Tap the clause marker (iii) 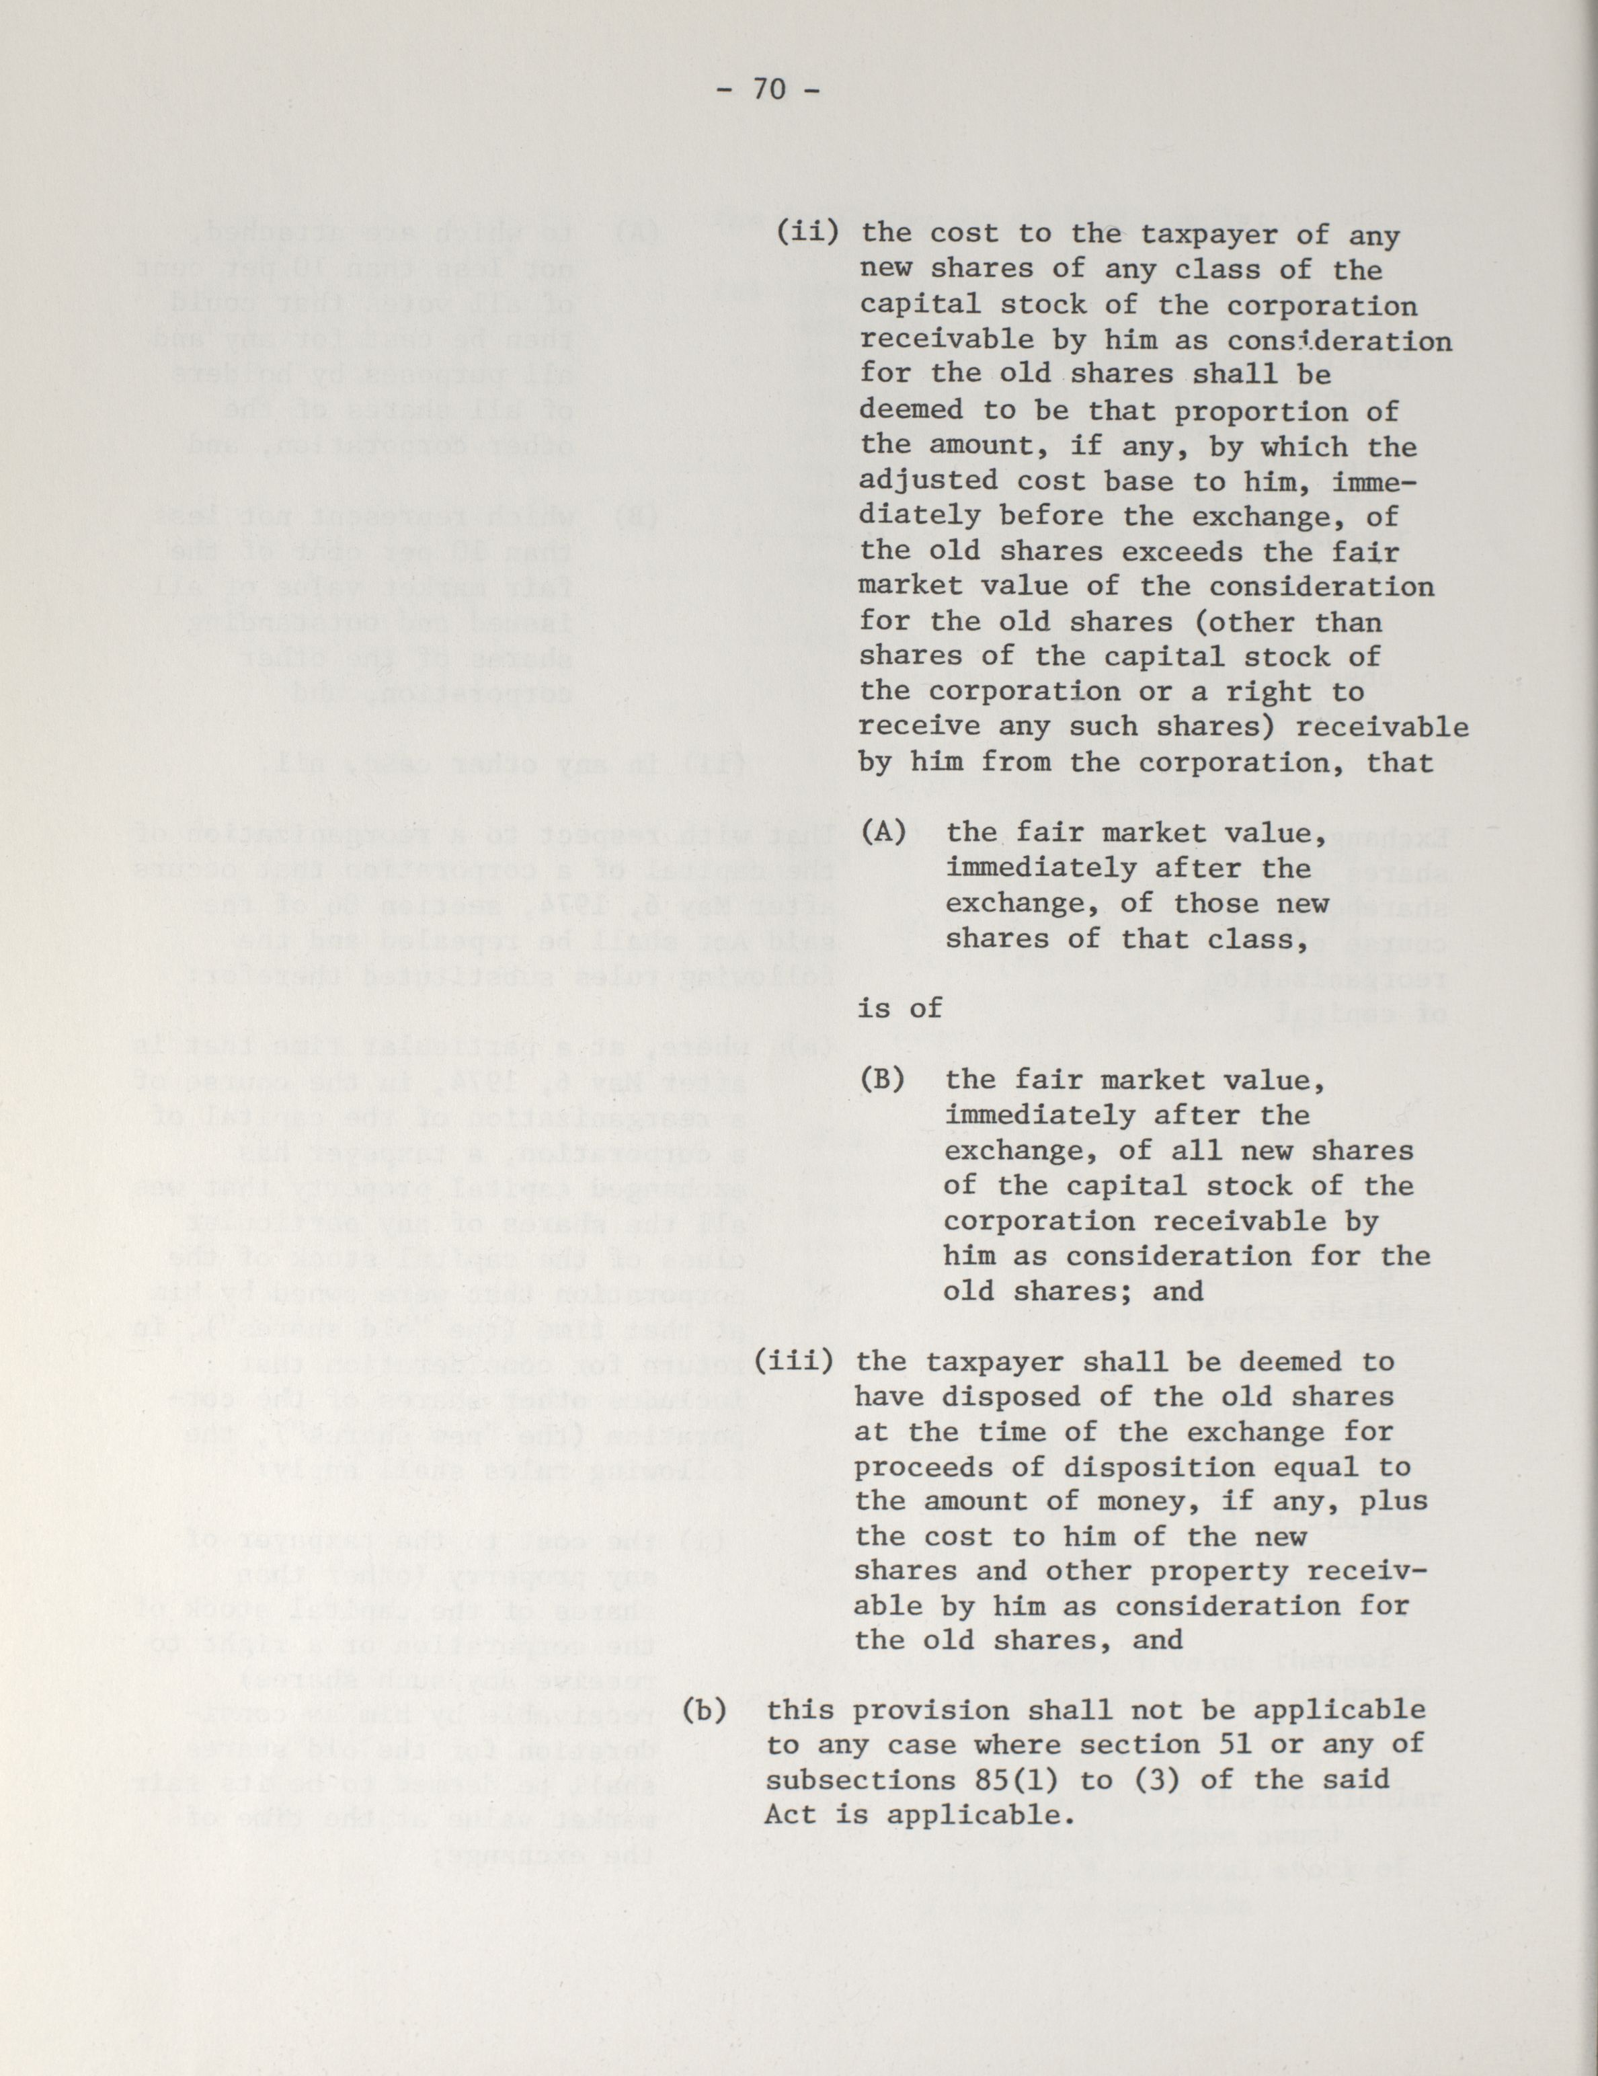point(795,1361)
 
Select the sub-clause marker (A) point(882,833)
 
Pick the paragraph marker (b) point(705,1710)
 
